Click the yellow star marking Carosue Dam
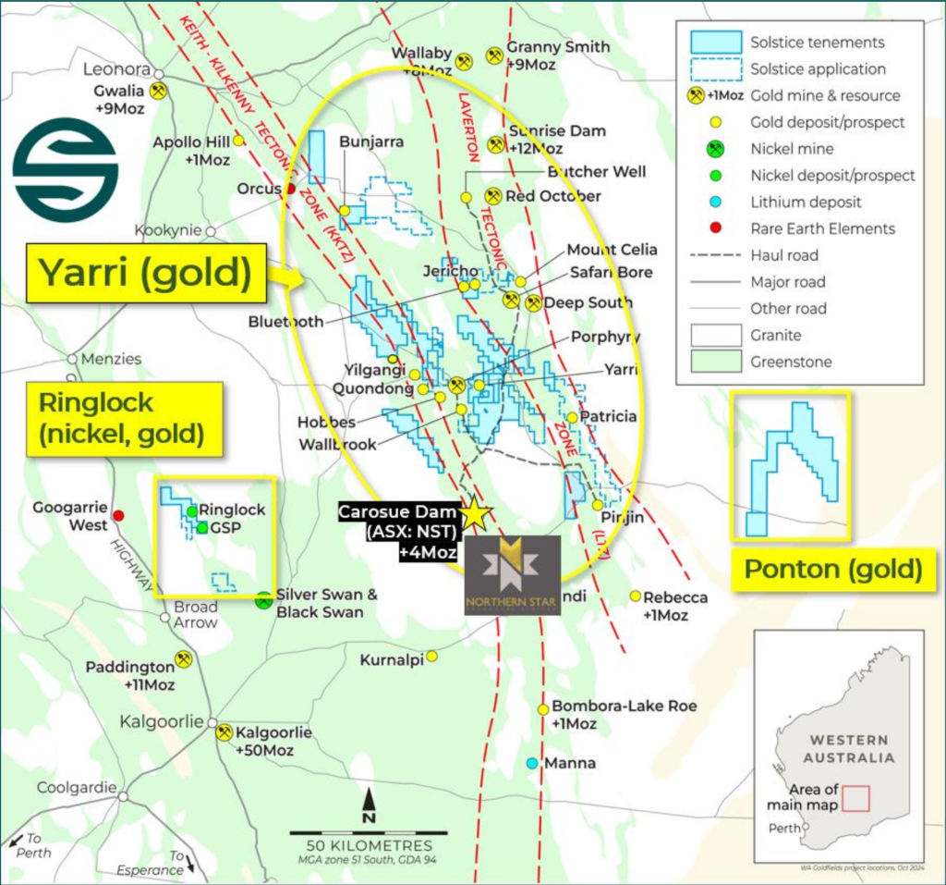476,514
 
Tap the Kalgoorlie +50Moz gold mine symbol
224,732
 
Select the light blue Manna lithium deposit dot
531,764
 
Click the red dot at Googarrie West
118,516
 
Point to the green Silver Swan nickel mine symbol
263,599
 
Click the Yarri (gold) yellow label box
146,273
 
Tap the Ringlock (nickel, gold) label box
124,417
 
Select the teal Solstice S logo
65,169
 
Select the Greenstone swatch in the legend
717,362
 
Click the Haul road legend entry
783,255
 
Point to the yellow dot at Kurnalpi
431,656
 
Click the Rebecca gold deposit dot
636,596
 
